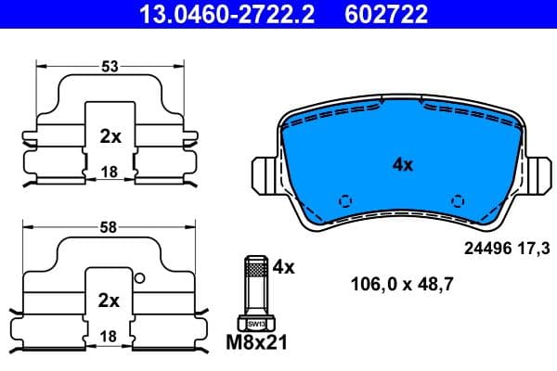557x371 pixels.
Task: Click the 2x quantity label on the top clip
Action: (x=110, y=136)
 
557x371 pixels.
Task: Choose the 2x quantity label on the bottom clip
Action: (x=110, y=300)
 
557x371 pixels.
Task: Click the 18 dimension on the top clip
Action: (x=110, y=172)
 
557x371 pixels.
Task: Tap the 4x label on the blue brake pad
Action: (x=402, y=164)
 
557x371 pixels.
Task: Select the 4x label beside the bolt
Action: (x=283, y=267)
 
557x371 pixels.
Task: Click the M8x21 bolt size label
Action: (x=257, y=343)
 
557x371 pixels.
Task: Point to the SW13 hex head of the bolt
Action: (x=256, y=323)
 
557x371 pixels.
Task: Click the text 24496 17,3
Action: (x=506, y=249)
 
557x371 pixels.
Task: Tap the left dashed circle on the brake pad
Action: (x=345, y=200)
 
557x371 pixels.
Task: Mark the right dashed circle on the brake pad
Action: (x=457, y=200)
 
